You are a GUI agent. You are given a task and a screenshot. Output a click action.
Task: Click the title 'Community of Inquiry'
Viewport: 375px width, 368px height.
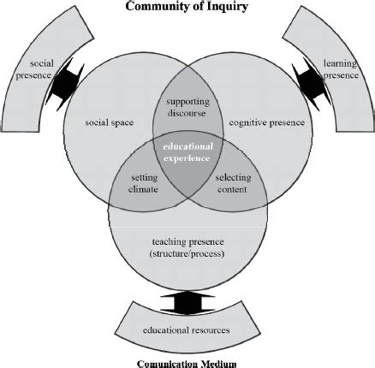pyautogui.click(x=187, y=8)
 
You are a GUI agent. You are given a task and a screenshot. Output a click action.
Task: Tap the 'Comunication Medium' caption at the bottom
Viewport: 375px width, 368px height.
pyautogui.click(x=187, y=359)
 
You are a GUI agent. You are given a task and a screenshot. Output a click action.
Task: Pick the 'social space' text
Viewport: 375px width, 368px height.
pyautogui.click(x=110, y=122)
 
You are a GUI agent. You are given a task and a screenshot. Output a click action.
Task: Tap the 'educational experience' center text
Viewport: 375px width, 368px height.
pyautogui.click(x=187, y=152)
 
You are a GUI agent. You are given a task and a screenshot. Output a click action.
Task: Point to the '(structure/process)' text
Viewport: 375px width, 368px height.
pyautogui.click(x=187, y=254)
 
